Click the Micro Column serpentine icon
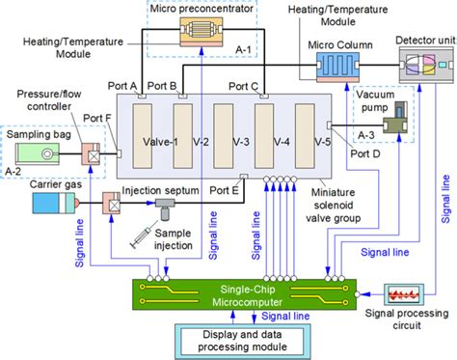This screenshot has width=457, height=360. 337,69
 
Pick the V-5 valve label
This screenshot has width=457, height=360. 323,141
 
